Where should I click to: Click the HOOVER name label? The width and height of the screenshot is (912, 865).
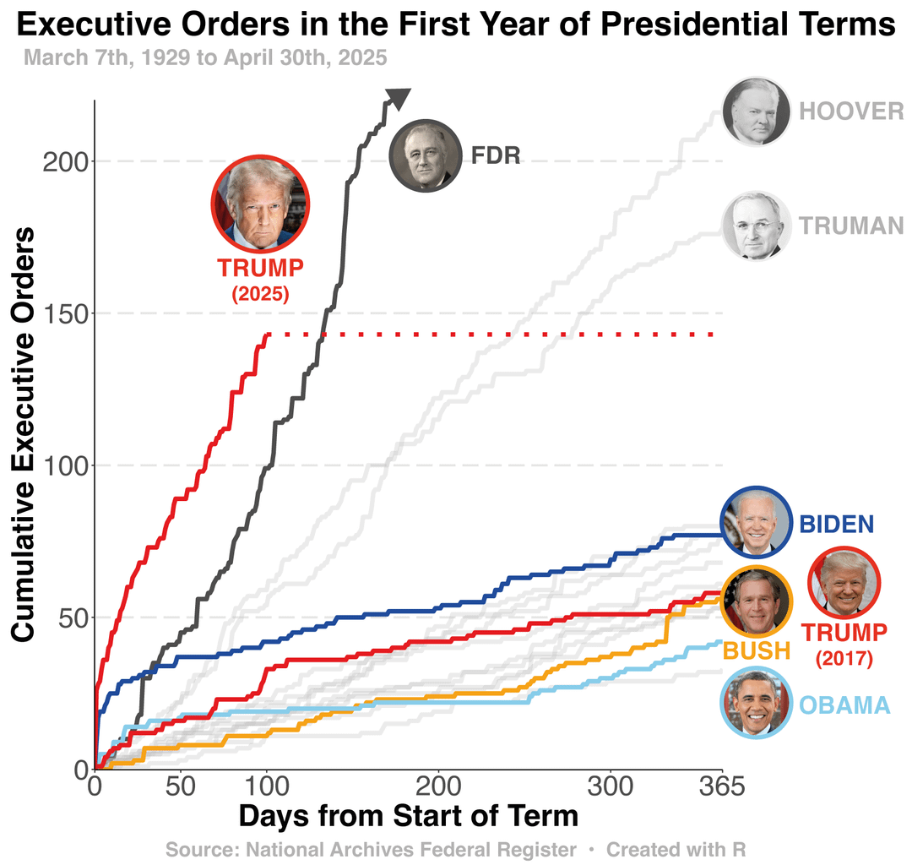coord(851,112)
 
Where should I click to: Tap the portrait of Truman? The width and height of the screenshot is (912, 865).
coord(756,226)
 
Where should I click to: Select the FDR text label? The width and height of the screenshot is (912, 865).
coord(496,155)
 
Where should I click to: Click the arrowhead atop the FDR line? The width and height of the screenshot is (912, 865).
coord(398,98)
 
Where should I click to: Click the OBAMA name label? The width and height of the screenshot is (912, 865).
coord(844,705)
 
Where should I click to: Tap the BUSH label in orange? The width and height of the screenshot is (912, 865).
coord(757,650)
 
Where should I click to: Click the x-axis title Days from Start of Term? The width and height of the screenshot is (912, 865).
coord(409,817)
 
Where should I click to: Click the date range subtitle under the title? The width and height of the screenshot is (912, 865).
coord(205,58)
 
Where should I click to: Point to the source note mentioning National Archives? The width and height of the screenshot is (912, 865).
coord(372,849)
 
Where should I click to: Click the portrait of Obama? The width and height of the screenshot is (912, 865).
coord(756,703)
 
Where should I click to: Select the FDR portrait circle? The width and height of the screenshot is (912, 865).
coord(425,155)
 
